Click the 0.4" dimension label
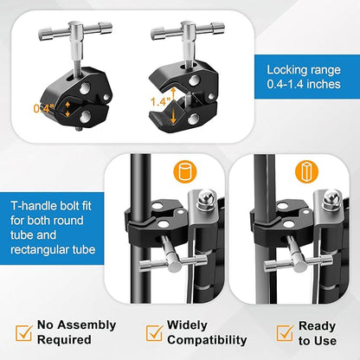[44, 109]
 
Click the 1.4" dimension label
[161, 101]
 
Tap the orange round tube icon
[185, 172]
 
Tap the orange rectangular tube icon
[306, 172]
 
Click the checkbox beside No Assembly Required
[23, 332]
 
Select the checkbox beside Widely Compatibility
[154, 332]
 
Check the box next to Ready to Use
[285, 332]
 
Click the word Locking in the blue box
[283, 70]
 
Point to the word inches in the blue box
[324, 84]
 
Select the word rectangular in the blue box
[38, 249]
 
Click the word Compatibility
[207, 340]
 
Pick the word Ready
[318, 326]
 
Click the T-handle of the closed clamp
[75, 29]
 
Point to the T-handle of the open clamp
[188, 29]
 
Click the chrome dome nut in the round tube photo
[204, 199]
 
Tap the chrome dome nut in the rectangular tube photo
[331, 199]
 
